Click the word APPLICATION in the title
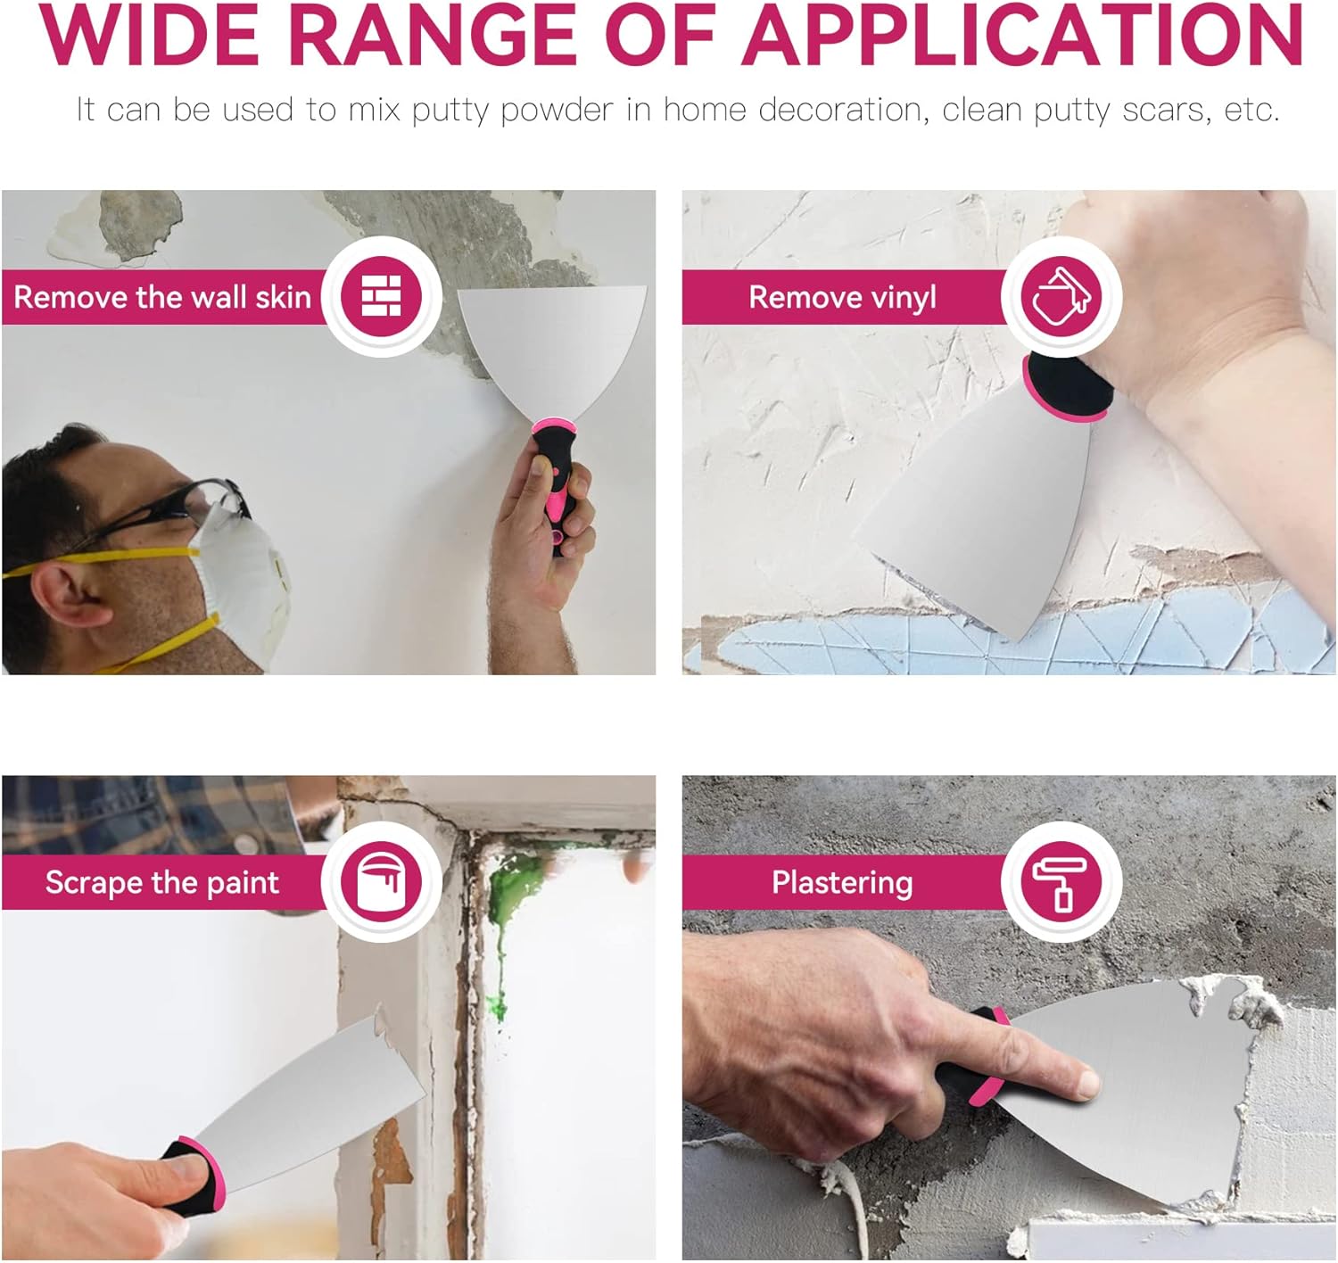(x=1022, y=35)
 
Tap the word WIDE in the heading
(x=149, y=35)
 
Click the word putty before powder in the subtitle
(x=450, y=111)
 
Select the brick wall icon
(x=381, y=296)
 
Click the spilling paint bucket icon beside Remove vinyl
(x=1061, y=296)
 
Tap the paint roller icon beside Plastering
(x=1061, y=883)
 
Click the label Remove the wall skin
(x=162, y=297)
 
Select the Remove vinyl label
(x=842, y=298)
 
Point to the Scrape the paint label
(x=162, y=883)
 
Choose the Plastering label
(x=842, y=883)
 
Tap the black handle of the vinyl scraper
(x=1068, y=385)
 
